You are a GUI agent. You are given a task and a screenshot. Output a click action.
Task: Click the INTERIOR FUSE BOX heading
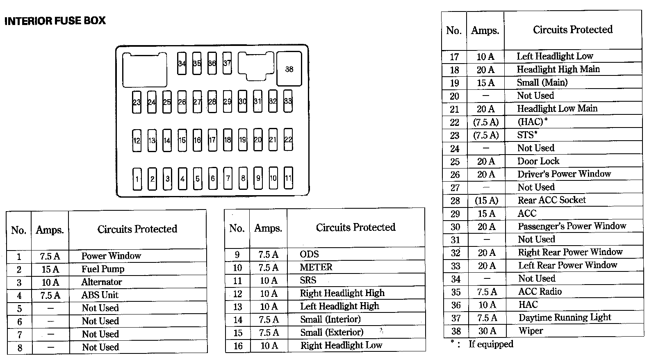click(x=55, y=21)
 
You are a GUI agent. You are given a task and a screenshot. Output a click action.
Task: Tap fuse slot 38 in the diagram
click(x=289, y=69)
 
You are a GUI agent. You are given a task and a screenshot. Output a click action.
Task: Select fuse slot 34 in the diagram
click(x=182, y=64)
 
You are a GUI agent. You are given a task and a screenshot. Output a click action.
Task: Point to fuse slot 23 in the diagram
click(x=137, y=102)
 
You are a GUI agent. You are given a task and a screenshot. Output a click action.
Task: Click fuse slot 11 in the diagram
click(x=288, y=178)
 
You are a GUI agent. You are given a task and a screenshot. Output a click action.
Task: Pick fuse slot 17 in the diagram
click(x=212, y=140)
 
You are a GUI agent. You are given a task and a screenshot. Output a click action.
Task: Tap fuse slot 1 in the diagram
click(x=137, y=179)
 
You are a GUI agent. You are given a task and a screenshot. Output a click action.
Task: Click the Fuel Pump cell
click(x=103, y=269)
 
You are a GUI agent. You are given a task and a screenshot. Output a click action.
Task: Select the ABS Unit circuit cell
click(x=100, y=295)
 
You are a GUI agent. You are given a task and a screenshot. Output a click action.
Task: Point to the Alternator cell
click(x=101, y=282)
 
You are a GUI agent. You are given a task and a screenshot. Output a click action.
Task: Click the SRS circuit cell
click(x=308, y=280)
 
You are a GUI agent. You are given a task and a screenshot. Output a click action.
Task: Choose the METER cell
click(x=316, y=267)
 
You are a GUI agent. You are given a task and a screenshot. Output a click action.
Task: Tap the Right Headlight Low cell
click(x=341, y=345)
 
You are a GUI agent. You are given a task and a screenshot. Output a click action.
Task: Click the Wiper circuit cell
click(x=531, y=330)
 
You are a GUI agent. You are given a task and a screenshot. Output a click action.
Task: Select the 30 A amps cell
click(x=487, y=331)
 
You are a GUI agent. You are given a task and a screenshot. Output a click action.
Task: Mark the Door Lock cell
click(x=538, y=161)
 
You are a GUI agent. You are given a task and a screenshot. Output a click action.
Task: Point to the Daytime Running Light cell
click(x=565, y=317)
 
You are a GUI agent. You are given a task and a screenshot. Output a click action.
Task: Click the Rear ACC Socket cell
click(x=551, y=200)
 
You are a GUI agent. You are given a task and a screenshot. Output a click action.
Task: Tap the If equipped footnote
click(x=491, y=344)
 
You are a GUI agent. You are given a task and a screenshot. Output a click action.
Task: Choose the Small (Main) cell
click(x=542, y=82)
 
